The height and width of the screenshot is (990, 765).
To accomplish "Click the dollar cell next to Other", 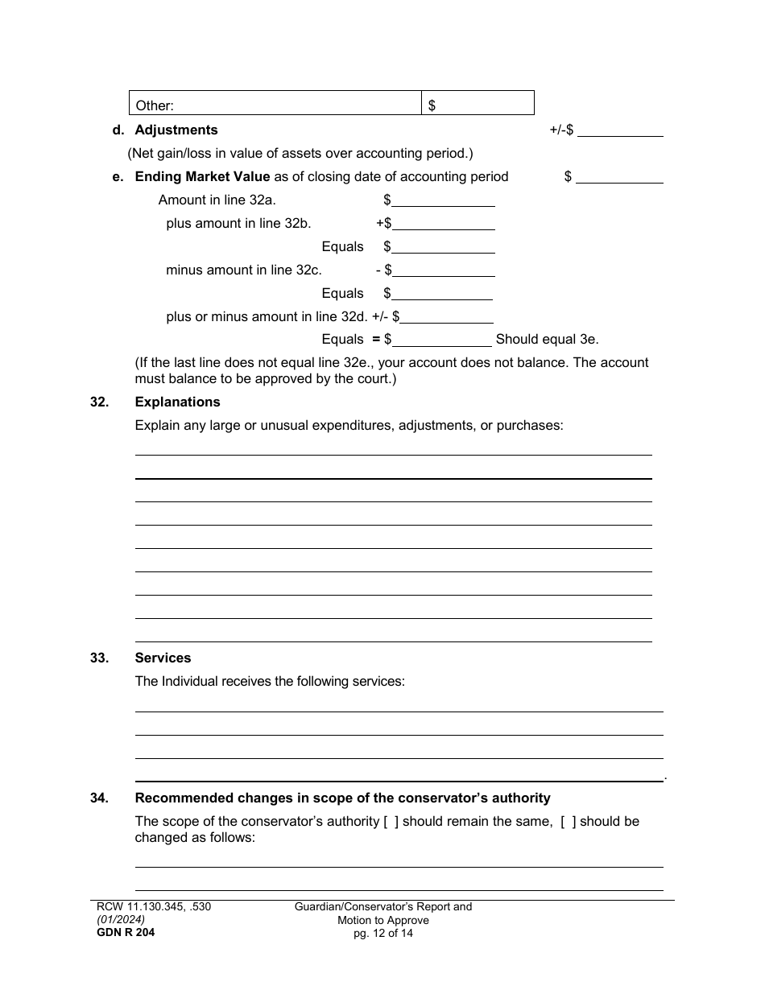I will pyautogui.click(x=478, y=103).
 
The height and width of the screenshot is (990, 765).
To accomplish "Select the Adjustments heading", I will pyautogui.click(x=176, y=130).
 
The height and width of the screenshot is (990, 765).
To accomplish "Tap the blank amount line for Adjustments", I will pyautogui.click(x=620, y=130).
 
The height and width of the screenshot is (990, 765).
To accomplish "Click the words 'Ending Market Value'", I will pyautogui.click(x=203, y=176).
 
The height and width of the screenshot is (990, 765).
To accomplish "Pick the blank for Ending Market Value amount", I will pyautogui.click(x=620, y=177).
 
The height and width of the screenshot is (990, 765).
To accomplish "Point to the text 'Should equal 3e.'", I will pyautogui.click(x=547, y=340).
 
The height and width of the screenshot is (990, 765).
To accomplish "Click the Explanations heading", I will pyautogui.click(x=177, y=402).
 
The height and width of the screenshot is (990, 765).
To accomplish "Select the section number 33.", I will pyautogui.click(x=100, y=658).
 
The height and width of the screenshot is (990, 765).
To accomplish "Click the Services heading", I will pyautogui.click(x=163, y=658).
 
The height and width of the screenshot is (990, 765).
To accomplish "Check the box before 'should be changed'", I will pyautogui.click(x=568, y=822).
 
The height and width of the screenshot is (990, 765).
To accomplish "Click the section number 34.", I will pyautogui.click(x=100, y=798).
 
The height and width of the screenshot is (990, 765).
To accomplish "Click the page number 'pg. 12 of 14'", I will pyautogui.click(x=383, y=934).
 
